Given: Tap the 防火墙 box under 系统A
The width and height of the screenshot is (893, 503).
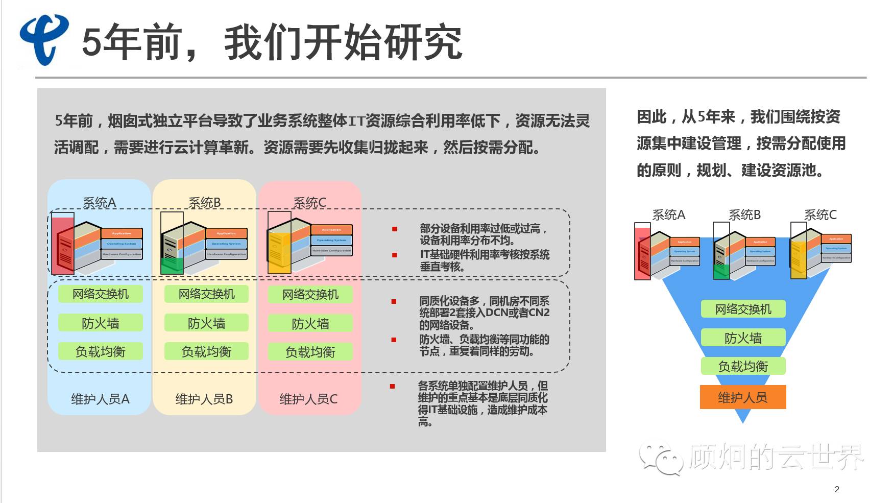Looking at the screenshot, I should [100, 323].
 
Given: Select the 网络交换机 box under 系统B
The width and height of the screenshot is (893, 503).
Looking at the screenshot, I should [206, 294].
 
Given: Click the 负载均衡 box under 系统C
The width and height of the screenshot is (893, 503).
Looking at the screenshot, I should [310, 352].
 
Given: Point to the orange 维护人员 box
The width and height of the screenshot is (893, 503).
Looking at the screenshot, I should [742, 397].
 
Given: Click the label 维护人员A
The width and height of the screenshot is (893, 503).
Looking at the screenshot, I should [100, 399].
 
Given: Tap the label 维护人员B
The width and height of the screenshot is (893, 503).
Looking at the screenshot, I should [204, 399].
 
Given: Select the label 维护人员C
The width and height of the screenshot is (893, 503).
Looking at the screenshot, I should [308, 399].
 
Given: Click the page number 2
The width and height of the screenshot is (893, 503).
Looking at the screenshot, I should [837, 489].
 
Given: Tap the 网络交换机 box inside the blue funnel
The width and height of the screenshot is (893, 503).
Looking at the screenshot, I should [743, 309].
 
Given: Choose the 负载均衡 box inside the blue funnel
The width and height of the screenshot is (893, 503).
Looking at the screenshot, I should [743, 366].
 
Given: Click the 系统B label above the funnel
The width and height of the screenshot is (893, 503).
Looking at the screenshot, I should [744, 215].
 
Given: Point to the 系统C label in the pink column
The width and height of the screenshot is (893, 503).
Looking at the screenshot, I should [309, 203].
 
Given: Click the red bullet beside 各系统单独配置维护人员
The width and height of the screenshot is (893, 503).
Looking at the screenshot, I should [392, 387].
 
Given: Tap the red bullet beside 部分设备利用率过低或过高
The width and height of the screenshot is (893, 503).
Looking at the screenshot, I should [394, 229].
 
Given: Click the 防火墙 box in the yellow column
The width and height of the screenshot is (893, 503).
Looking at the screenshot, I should [206, 323].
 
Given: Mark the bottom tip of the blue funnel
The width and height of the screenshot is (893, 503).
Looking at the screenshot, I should [743, 422].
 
